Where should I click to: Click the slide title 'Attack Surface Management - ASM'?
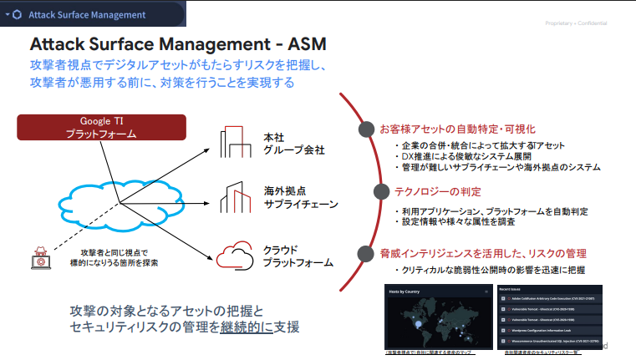tap(177, 44)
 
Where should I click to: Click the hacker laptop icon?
tap(39, 257)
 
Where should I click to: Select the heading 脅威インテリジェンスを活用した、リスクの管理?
tap(482, 252)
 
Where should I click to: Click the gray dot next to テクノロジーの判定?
tap(364, 192)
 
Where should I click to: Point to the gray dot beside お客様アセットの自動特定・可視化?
tap(364, 129)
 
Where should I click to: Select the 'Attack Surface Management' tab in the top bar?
tap(87, 14)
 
